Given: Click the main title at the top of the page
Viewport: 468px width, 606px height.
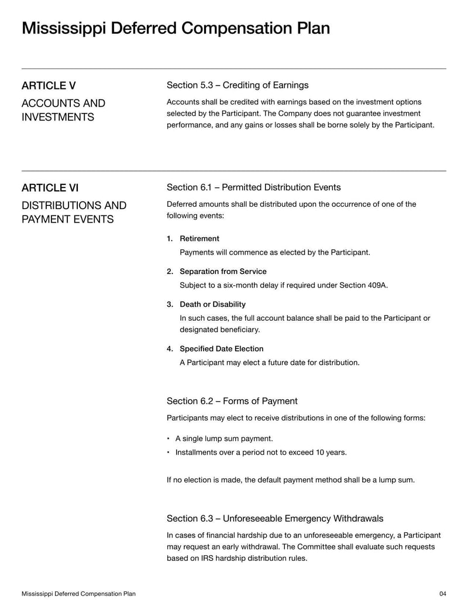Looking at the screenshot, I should [x=175, y=28].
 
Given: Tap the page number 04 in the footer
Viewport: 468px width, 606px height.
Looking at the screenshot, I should [x=442, y=594].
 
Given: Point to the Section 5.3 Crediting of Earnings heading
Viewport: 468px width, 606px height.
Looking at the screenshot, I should [x=238, y=85].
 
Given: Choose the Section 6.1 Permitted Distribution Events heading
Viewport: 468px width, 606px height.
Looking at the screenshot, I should [x=253, y=187].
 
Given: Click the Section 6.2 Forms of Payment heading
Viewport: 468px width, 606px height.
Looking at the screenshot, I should [x=232, y=401].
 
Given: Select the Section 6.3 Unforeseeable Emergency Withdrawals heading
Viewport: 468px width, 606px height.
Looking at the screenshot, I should [x=275, y=519].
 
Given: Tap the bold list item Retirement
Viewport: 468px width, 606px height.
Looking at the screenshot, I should [x=199, y=238].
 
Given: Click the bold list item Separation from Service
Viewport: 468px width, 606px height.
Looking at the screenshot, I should [x=223, y=271].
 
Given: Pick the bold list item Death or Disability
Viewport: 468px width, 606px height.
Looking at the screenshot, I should [x=212, y=304].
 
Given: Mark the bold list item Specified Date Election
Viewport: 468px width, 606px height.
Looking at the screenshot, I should [x=221, y=348].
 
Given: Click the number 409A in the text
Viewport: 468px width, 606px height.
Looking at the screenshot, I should [x=376, y=286].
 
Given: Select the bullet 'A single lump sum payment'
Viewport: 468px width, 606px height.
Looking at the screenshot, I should [x=224, y=438].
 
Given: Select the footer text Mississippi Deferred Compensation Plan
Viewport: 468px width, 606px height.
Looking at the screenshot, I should [x=78, y=594].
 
